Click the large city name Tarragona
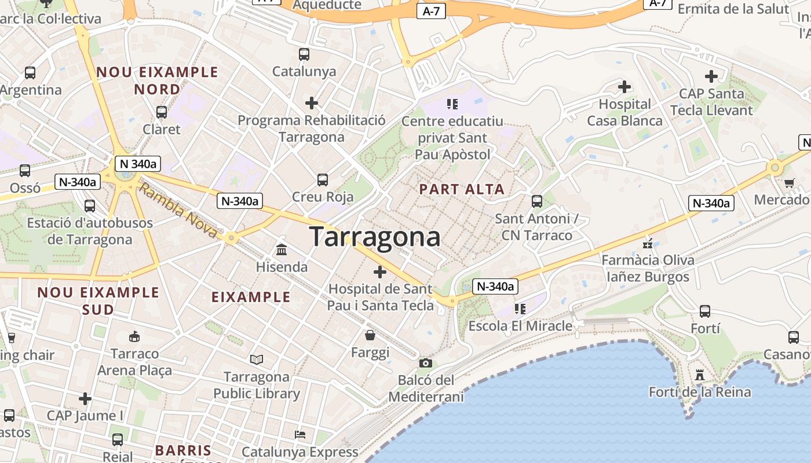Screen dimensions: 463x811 [x=375, y=237]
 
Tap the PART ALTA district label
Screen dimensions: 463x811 [x=462, y=189]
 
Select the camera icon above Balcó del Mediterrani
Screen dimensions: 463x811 [x=426, y=363]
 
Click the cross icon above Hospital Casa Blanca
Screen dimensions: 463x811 [x=624, y=87]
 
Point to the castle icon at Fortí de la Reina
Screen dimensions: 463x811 [x=700, y=375]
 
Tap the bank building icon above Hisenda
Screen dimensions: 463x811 [x=282, y=250]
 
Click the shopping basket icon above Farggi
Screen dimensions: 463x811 [x=370, y=335]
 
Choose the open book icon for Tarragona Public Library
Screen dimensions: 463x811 [x=257, y=359]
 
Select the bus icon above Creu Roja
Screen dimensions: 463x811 [x=323, y=180]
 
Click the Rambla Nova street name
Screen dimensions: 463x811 [x=179, y=212]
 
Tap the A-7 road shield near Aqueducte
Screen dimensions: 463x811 [x=431, y=11]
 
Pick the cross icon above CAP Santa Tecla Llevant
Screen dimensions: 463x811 [x=711, y=76]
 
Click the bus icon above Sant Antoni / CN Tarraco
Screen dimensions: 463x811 [x=537, y=201]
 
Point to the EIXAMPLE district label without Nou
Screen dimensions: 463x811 [x=251, y=297]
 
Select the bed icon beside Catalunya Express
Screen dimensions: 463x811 [x=300, y=435]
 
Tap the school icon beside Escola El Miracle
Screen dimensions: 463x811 [x=520, y=309]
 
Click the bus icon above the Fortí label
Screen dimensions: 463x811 [x=705, y=311]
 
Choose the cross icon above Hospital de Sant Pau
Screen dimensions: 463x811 [x=380, y=272]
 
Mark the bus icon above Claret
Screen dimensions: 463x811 [x=162, y=112]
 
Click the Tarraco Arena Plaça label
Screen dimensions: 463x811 [x=134, y=362]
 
